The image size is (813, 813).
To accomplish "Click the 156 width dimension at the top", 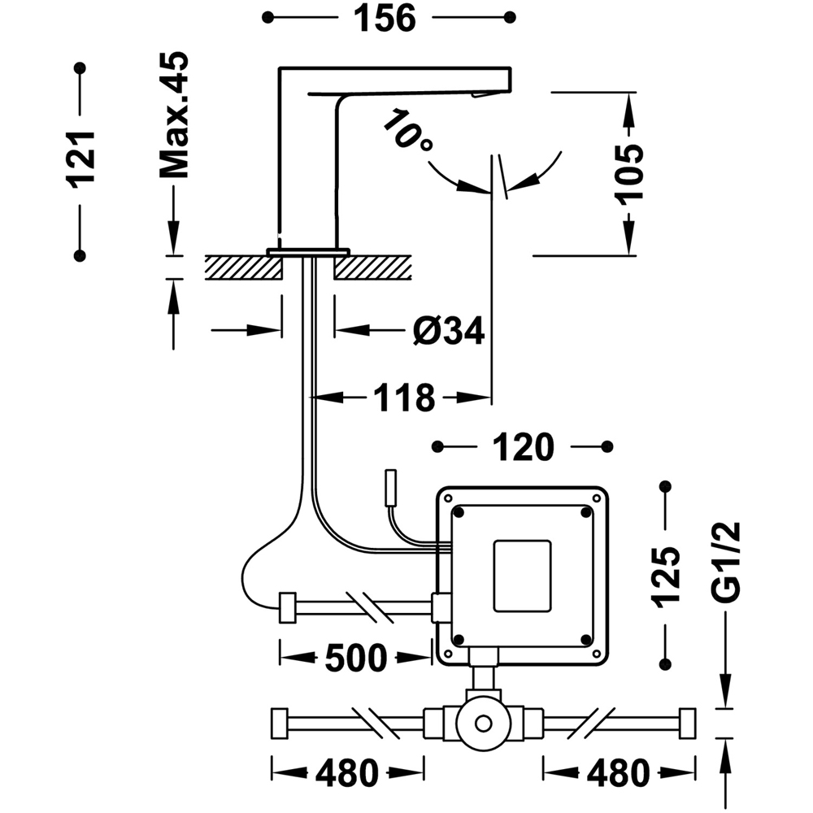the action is [x=385, y=18].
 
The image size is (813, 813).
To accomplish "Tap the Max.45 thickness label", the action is [x=174, y=115].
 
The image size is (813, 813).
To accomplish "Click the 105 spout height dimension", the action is [x=628, y=172].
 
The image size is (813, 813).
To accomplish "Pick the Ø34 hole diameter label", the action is [x=449, y=330].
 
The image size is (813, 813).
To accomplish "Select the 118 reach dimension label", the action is [x=404, y=398].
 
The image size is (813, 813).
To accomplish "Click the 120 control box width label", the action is [x=523, y=447].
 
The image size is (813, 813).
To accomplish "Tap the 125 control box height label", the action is [x=666, y=576].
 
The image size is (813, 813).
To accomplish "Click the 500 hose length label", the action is [x=356, y=658].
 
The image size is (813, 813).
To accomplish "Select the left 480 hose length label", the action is [x=347, y=773].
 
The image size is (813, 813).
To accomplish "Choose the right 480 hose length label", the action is [x=618, y=773].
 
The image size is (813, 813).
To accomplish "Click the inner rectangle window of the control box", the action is [x=522, y=576].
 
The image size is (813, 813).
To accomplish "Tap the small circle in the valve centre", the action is [x=483, y=724].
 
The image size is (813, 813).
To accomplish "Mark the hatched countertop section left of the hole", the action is [x=244, y=267].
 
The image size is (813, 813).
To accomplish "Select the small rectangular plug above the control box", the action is [x=390, y=487].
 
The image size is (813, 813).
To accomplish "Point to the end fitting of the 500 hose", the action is [x=287, y=607].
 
